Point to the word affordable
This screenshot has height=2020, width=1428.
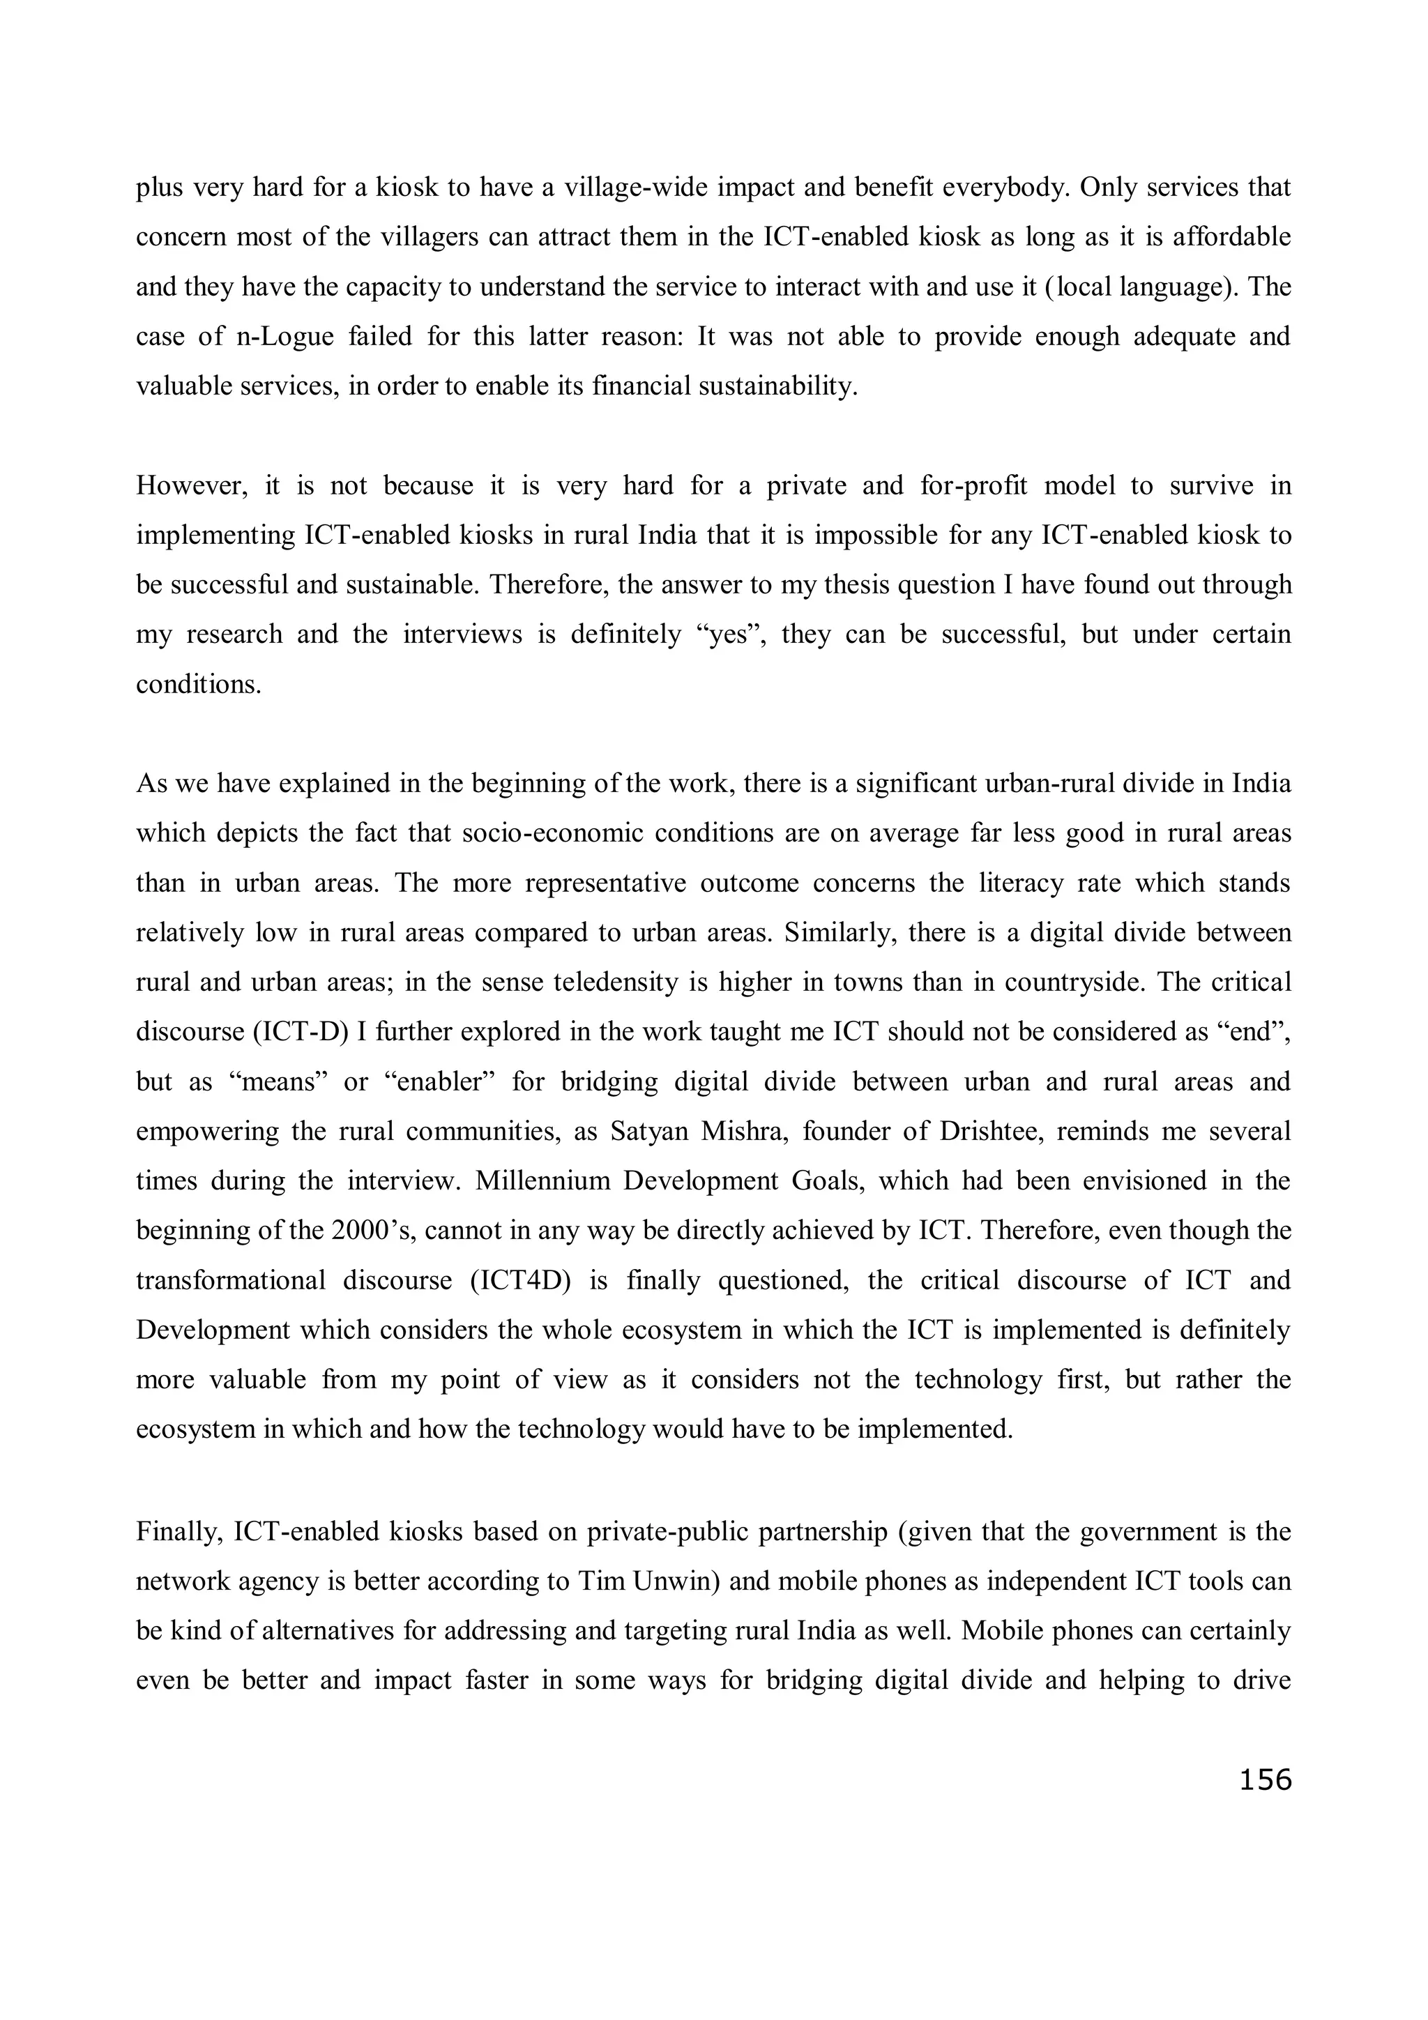pos(1233,238)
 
